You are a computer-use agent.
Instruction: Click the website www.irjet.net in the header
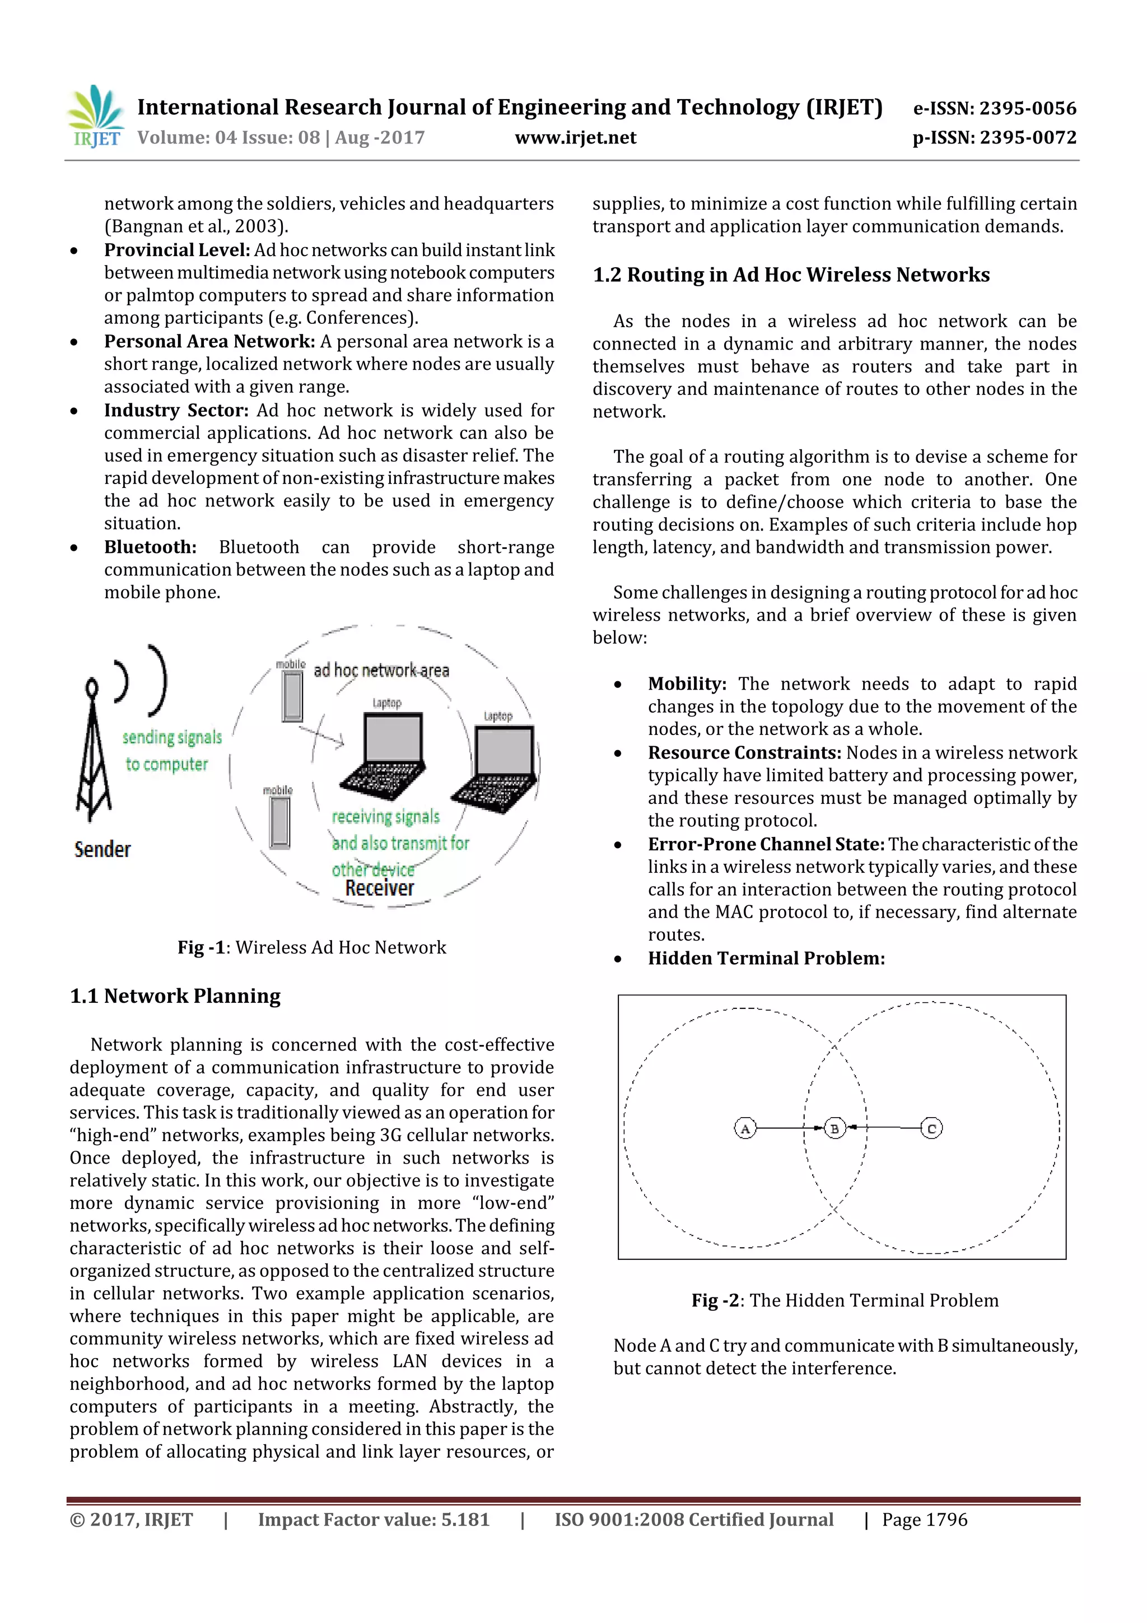575,138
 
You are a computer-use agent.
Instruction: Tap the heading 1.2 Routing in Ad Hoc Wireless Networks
791,275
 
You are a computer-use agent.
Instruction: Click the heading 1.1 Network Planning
175,996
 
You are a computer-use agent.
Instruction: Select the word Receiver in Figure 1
380,888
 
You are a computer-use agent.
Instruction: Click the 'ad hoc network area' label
381,670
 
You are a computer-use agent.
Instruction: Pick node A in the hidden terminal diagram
745,1128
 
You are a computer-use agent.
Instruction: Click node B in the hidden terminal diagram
834,1128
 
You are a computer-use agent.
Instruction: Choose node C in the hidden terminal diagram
931,1128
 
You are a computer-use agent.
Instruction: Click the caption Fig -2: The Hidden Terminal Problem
845,1301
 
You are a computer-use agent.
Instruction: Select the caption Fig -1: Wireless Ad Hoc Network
311,947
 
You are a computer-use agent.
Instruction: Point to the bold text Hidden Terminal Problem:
766,959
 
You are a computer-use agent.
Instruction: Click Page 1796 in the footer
925,1520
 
